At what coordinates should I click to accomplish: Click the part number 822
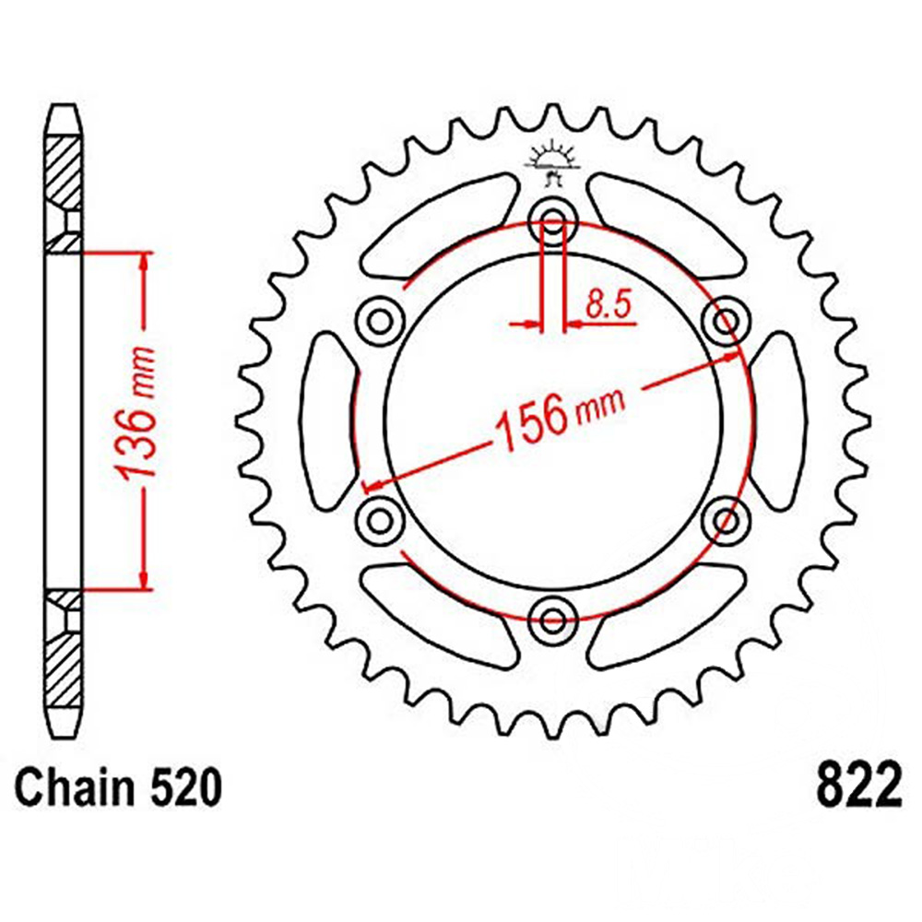tap(857, 786)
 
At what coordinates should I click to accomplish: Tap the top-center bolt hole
tap(552, 222)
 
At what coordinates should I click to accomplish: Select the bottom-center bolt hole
tap(552, 620)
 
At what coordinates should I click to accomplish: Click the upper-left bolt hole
tap(381, 322)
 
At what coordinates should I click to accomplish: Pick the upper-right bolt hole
tap(727, 322)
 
